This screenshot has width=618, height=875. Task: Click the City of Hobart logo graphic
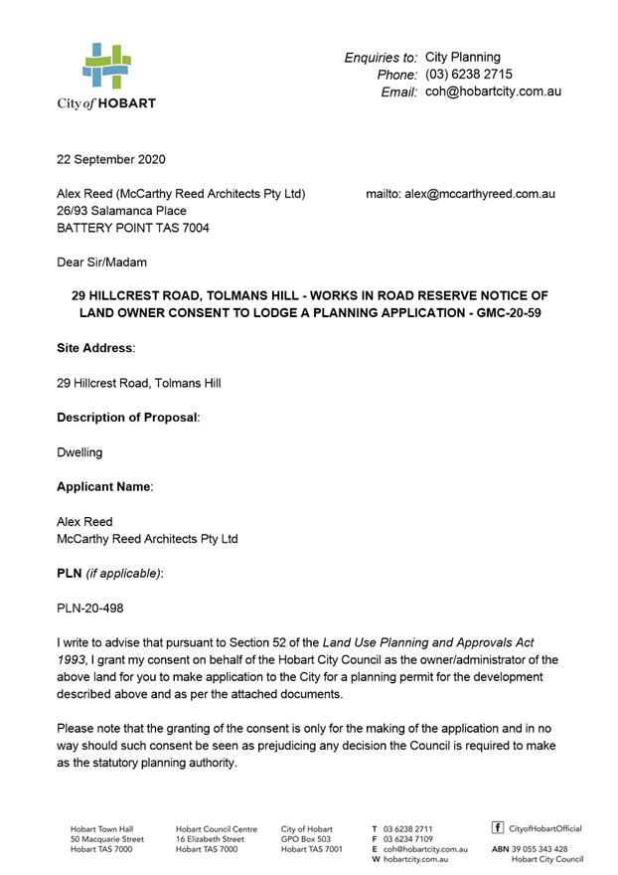point(106,67)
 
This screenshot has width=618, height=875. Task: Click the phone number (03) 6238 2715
point(468,75)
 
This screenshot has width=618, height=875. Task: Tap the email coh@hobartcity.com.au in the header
point(493,91)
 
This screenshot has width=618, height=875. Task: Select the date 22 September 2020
point(111,159)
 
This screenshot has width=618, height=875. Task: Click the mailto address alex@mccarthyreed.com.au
point(479,194)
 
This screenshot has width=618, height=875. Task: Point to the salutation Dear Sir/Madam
point(101,262)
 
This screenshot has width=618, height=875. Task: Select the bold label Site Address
point(94,348)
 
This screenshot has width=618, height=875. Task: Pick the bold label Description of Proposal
point(127,418)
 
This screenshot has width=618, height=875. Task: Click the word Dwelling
point(79,452)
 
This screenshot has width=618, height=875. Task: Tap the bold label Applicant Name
point(103,487)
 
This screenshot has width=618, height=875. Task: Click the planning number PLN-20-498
point(90,609)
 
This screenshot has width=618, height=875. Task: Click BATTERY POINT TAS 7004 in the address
point(132,228)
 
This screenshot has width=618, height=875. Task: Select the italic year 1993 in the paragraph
point(72,659)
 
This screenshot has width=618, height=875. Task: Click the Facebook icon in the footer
point(497,827)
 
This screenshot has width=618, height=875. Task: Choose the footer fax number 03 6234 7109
point(408,839)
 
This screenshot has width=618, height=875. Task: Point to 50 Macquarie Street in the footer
point(106,839)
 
